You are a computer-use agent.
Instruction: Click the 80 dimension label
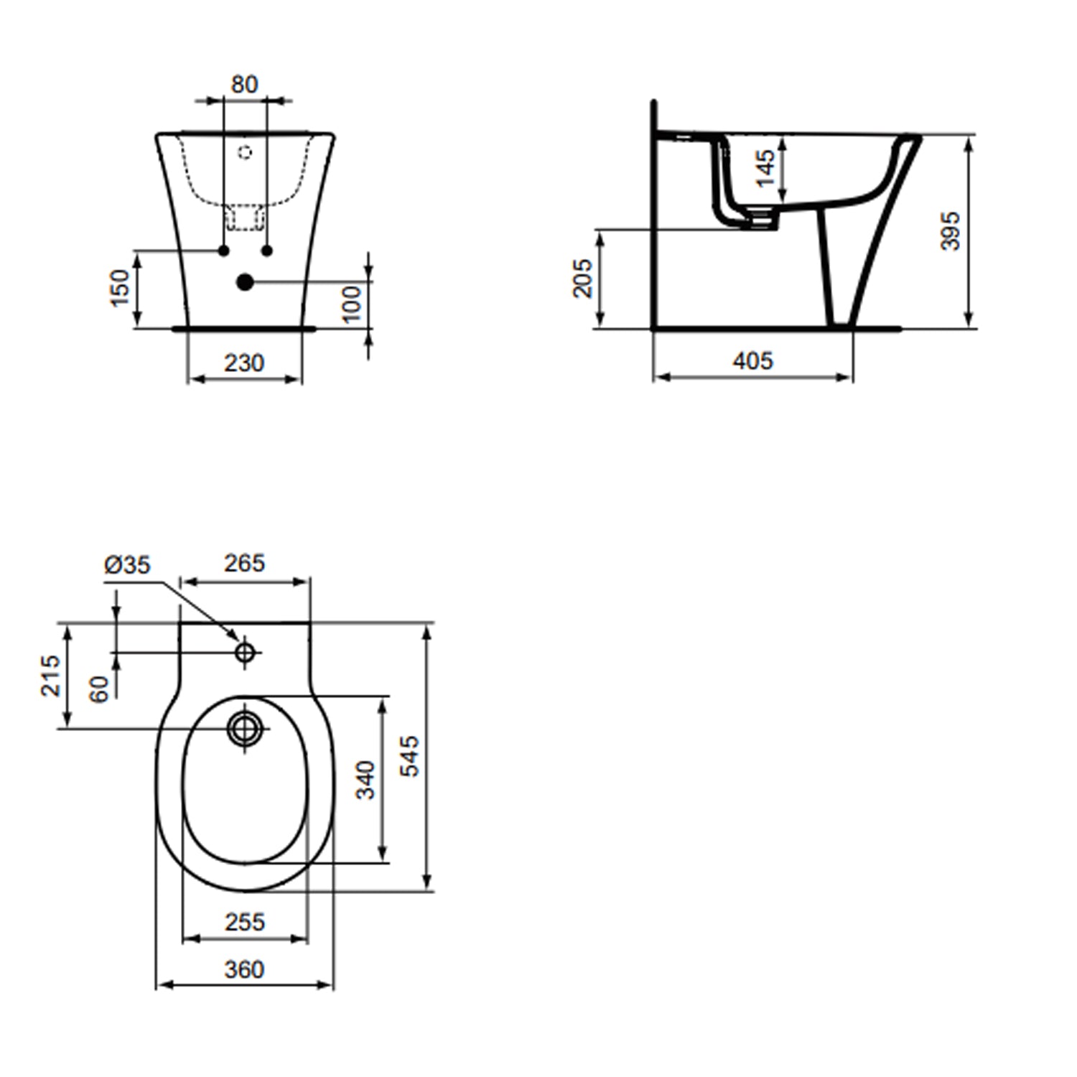[244, 85]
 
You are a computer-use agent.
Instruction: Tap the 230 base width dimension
[244, 363]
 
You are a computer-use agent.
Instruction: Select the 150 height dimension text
[121, 287]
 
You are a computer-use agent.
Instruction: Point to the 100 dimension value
[351, 304]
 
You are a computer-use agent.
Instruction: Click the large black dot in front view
[246, 282]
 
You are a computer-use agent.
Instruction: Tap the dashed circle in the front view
[246, 152]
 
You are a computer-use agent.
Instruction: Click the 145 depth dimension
[766, 168]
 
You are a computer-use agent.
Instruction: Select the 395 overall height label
[951, 230]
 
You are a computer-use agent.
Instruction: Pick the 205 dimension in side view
[582, 278]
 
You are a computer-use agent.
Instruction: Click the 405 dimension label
[752, 360]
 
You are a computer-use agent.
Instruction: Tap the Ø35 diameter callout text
[127, 565]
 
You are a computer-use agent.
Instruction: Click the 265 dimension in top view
[244, 564]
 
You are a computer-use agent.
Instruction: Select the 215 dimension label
[50, 675]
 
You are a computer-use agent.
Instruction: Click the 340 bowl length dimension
[366, 780]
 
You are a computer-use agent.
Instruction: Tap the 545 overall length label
[410, 755]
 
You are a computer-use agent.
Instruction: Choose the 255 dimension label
[245, 922]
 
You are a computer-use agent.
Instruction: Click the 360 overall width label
[244, 969]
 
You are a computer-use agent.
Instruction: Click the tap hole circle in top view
[246, 653]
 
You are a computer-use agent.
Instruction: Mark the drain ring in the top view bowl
[246, 729]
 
